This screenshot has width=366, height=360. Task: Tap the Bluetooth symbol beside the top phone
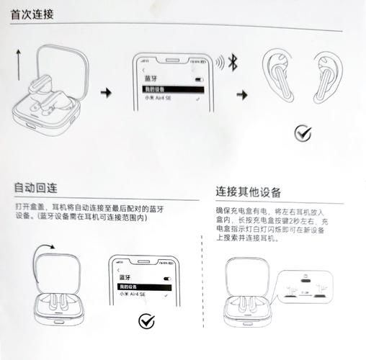[x=233, y=61]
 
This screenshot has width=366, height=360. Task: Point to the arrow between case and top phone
[x=107, y=93]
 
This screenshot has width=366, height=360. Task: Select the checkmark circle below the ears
[x=303, y=132]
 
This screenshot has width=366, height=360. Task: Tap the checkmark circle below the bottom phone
[x=148, y=321]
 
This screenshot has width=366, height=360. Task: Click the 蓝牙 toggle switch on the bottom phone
[x=168, y=277]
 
